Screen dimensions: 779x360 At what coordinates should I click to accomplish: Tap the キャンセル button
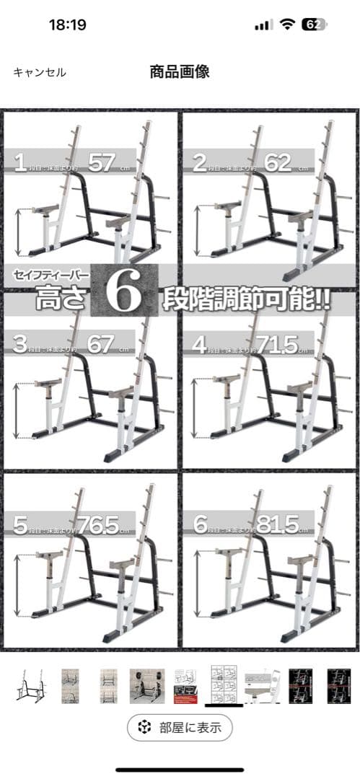(x=40, y=72)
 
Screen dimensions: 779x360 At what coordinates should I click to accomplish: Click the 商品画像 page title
(x=180, y=71)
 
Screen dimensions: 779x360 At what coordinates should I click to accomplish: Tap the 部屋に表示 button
(x=180, y=727)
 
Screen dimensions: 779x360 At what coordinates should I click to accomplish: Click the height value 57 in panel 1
(x=102, y=162)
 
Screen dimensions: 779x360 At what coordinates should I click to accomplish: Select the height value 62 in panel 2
(x=278, y=162)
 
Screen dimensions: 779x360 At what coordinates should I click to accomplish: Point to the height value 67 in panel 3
(x=101, y=344)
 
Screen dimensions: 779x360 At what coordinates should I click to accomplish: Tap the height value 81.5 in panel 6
(x=277, y=524)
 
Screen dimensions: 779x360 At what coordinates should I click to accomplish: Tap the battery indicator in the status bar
(x=313, y=25)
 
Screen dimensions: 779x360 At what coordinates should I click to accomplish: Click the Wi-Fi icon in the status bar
(x=287, y=25)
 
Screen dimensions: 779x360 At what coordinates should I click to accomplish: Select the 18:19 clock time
(x=67, y=25)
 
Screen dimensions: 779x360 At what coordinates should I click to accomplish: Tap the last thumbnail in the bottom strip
(x=340, y=685)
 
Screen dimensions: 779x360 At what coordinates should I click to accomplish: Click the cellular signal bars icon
(x=263, y=25)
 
